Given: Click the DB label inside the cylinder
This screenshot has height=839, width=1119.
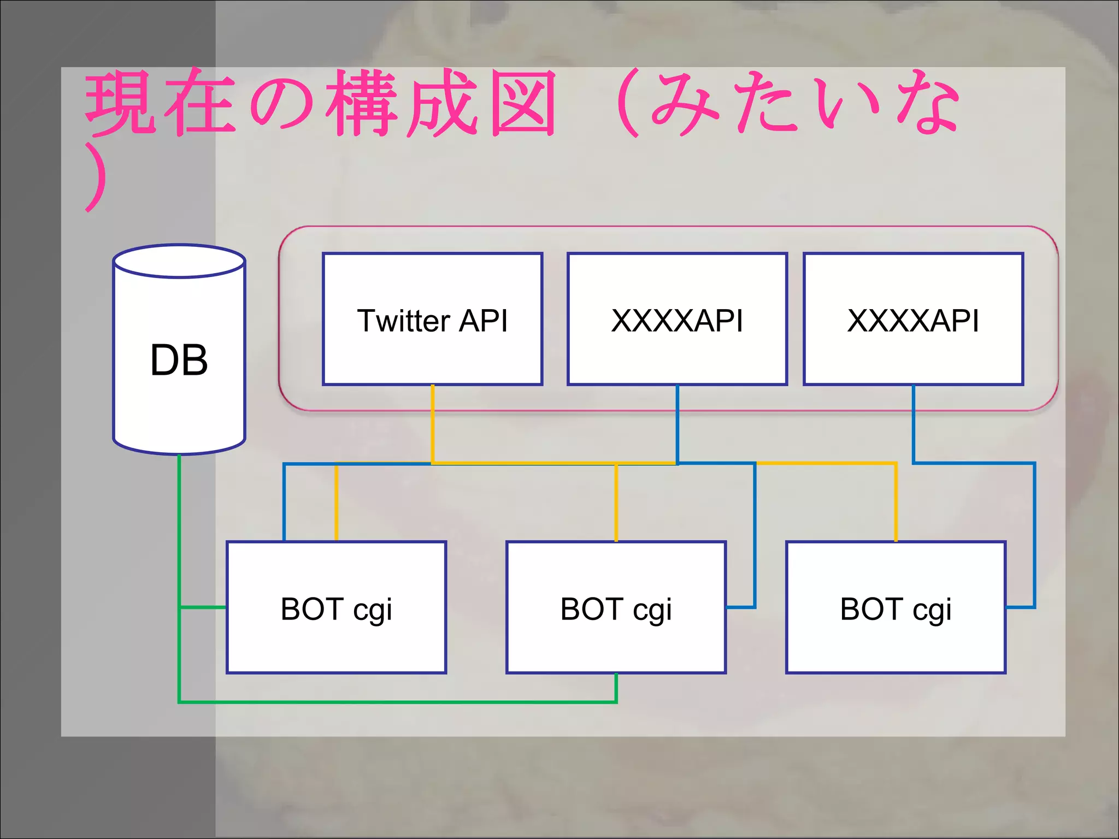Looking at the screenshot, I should pyautogui.click(x=179, y=360).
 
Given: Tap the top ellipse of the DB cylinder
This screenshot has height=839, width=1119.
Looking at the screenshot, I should pyautogui.click(x=179, y=262).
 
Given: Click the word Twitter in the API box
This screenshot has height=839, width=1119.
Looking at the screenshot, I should pyautogui.click(x=403, y=321).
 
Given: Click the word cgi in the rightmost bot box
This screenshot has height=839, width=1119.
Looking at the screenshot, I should pyautogui.click(x=932, y=611).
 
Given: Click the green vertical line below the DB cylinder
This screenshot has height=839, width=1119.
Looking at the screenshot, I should pyautogui.click(x=179, y=524).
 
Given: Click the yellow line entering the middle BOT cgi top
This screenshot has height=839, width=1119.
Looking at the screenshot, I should pyautogui.click(x=616, y=503).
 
